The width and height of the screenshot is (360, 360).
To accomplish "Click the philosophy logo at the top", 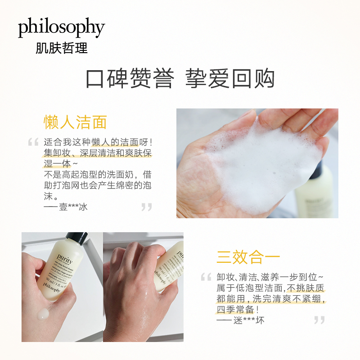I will click(x=61, y=28).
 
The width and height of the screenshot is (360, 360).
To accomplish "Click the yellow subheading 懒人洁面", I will click(x=75, y=122).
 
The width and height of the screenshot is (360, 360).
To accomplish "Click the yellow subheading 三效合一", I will click(x=248, y=257).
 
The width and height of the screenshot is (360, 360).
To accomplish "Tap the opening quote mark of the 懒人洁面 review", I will click(x=33, y=143).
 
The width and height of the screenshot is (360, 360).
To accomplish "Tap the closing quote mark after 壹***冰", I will click(x=147, y=207).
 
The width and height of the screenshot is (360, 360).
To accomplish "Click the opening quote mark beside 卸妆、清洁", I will click(x=206, y=277).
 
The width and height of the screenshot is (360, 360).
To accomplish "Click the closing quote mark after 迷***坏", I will click(x=319, y=320).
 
